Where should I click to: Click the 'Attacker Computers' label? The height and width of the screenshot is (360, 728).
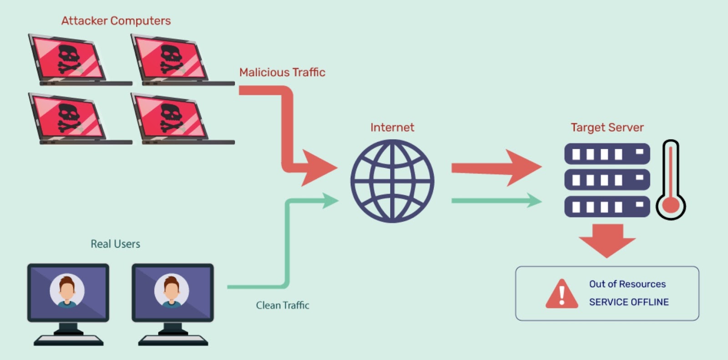pos(116,21)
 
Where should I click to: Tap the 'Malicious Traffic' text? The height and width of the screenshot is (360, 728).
pos(282,72)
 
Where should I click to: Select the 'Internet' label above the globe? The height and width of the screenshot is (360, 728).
pos(392,127)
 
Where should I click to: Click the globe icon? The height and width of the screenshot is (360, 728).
pos(392,181)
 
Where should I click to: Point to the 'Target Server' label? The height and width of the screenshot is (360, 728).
pos(607,127)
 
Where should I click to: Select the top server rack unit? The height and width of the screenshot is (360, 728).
pos(607,154)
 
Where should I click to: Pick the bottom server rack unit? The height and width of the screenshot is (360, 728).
pos(607,207)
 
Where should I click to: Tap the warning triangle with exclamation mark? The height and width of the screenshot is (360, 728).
pos(562,294)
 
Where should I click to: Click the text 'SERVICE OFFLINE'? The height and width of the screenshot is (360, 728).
pos(629,302)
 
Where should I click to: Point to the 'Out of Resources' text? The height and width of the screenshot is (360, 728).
pos(627,284)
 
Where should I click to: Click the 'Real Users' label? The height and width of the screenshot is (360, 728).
pos(115,244)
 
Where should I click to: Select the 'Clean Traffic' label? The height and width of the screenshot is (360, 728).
pos(283,305)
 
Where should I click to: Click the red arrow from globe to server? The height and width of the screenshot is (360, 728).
pos(496,168)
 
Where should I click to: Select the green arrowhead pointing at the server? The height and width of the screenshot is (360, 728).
pos(533,200)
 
